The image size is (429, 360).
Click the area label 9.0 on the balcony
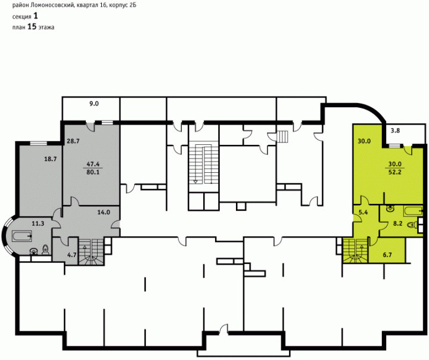(94, 104)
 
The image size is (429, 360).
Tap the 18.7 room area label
(50, 159)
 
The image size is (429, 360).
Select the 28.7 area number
(73, 141)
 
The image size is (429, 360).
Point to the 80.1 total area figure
(93, 172)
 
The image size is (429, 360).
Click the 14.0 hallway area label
(104, 212)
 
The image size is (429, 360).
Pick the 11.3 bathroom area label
(38, 224)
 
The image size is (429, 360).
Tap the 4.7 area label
(71, 255)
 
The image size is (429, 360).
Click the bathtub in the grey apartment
(22, 235)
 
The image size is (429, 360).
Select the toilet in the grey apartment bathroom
(45, 250)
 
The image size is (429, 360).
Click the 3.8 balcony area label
(395, 131)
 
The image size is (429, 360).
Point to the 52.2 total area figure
(395, 172)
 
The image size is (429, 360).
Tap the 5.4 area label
(363, 212)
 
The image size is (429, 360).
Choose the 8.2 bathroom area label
(397, 224)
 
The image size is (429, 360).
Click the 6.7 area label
(387, 255)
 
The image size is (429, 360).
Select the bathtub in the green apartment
(413, 212)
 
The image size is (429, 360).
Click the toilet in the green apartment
(412, 225)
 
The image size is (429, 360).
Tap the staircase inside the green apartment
(355, 250)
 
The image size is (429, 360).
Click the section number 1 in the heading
(36, 16)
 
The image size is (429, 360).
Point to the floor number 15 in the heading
(32, 27)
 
